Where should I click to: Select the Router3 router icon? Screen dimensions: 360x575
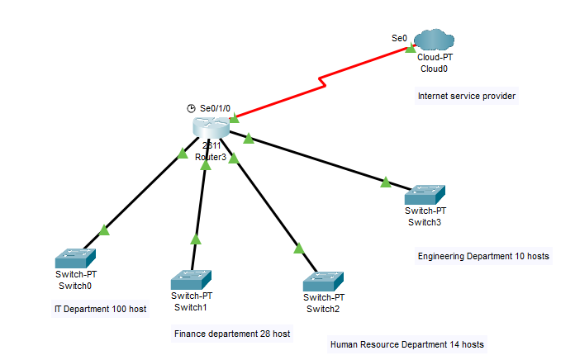click(210, 127)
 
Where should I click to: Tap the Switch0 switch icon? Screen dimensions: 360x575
click(75, 258)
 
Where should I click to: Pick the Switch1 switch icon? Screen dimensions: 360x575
click(192, 279)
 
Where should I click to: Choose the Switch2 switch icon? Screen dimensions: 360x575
click(323, 282)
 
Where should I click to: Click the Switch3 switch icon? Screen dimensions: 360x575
click(425, 195)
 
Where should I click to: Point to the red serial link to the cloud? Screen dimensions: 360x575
click(322, 79)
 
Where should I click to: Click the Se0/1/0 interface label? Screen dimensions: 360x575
click(216, 108)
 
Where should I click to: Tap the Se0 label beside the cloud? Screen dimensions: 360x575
click(399, 38)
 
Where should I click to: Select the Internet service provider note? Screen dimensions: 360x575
click(467, 97)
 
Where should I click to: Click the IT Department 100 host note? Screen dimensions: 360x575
click(99, 309)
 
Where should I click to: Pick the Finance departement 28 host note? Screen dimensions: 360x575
click(232, 334)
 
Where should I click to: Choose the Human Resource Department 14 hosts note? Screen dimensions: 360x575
click(406, 343)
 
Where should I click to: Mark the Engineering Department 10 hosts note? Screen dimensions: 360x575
click(483, 257)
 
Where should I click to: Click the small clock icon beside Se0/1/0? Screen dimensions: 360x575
click(191, 108)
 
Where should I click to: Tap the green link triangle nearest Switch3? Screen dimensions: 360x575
click(386, 182)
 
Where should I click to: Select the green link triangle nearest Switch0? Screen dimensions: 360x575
click(103, 230)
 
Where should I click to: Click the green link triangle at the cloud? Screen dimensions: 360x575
click(410, 49)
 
